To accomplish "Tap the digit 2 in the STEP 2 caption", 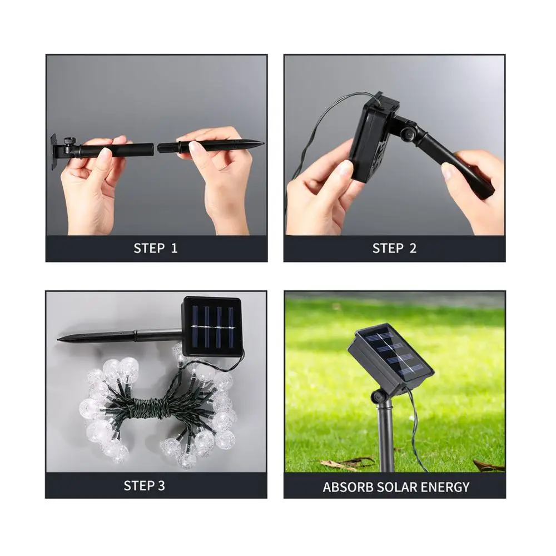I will coord(412,249).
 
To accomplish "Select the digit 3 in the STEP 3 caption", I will coord(161,485).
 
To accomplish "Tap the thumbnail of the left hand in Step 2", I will coord(346,168).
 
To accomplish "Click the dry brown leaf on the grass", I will coord(339,463).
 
